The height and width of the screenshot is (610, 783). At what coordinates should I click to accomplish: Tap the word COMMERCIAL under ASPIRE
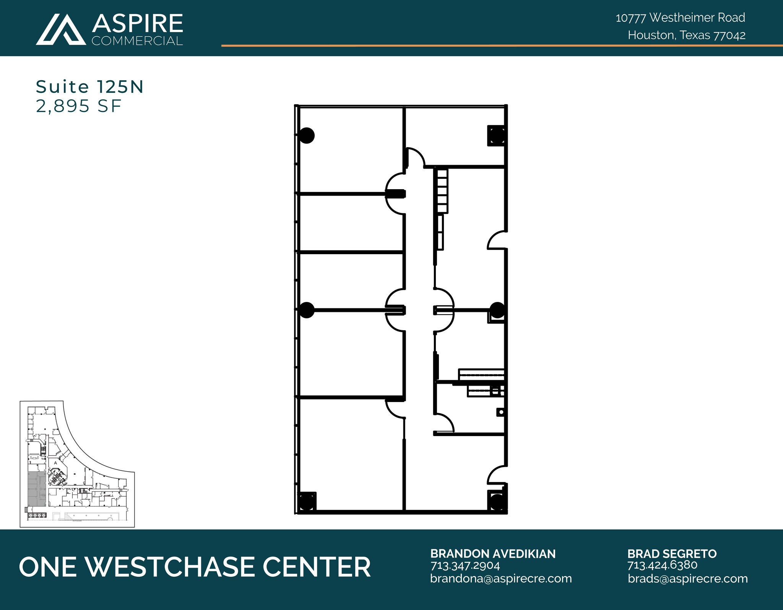click(137, 41)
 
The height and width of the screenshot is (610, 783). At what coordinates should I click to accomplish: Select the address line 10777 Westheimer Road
click(680, 18)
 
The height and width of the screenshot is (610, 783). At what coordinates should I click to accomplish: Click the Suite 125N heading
click(89, 87)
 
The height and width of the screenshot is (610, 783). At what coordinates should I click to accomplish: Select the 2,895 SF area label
click(78, 106)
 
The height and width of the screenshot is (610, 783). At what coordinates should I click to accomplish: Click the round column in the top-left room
click(306, 135)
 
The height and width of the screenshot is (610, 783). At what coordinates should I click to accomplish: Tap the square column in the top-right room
click(497, 136)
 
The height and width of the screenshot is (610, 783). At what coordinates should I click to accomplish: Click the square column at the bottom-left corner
click(306, 501)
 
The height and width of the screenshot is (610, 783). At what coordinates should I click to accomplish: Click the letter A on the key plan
click(55, 463)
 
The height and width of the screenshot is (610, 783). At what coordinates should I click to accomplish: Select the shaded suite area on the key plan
click(36, 489)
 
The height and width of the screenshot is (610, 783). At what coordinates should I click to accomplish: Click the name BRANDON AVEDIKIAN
click(493, 554)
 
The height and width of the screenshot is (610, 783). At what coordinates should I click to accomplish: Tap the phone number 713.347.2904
click(465, 566)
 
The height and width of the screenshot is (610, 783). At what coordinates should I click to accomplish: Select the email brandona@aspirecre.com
click(501, 579)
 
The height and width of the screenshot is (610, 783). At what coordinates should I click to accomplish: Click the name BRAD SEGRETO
click(672, 554)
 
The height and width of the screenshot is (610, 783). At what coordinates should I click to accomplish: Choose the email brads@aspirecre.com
click(687, 579)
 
